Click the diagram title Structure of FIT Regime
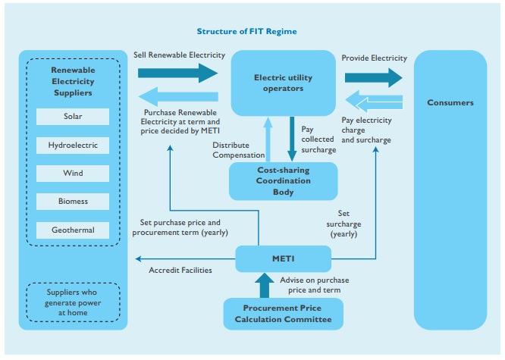pyautogui.click(x=246, y=32)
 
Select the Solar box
pyautogui.click(x=73, y=117)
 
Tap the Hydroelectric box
pyautogui.click(x=73, y=145)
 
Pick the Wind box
pyautogui.click(x=73, y=174)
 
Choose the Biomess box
pyautogui.click(x=73, y=202)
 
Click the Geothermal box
pyautogui.click(x=73, y=230)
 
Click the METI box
pyautogui.click(x=283, y=258)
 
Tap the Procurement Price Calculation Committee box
pyautogui.click(x=283, y=314)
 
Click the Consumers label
pyautogui.click(x=450, y=102)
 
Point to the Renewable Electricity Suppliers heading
pyautogui.click(x=73, y=79)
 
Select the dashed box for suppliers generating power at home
pyautogui.click(x=73, y=302)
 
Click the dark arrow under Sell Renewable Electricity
pyautogui.click(x=178, y=73)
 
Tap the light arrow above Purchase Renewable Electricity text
pyautogui.click(x=178, y=97)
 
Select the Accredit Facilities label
pyautogui.click(x=180, y=270)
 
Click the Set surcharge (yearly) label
pyautogui.click(x=343, y=224)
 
